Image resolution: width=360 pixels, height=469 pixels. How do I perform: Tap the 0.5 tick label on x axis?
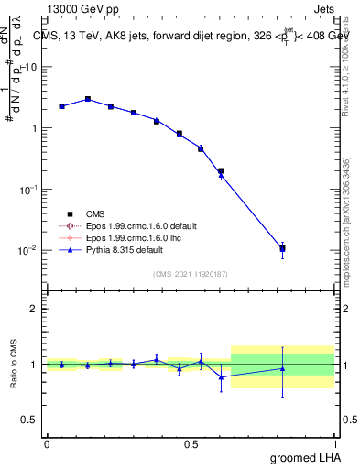coord(191,443)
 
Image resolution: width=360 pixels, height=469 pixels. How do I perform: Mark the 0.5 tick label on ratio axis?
coord(34,420)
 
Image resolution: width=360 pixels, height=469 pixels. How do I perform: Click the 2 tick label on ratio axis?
coord(37,309)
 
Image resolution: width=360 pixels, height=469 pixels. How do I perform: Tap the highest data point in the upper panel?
coord(88,99)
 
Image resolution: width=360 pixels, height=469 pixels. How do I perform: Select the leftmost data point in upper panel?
coord(61,106)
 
